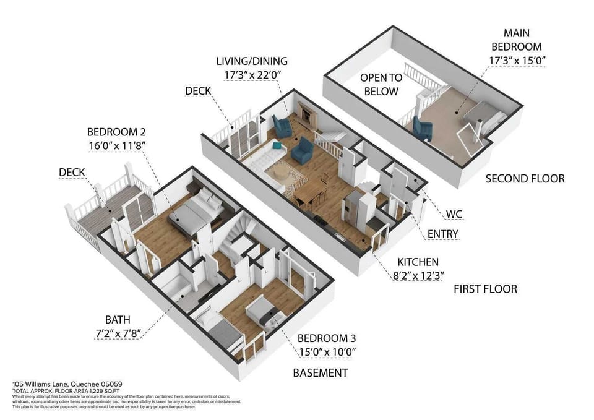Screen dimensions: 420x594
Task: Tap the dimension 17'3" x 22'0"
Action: pyautogui.click(x=252, y=75)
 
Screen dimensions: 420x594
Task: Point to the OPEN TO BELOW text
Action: pyautogui.click(x=382, y=85)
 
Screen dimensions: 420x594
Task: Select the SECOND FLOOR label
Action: pyautogui.click(x=525, y=179)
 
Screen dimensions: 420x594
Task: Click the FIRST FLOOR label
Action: pyautogui.click(x=485, y=289)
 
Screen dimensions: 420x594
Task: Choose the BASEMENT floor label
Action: pyautogui.click(x=320, y=373)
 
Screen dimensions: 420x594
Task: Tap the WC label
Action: pyautogui.click(x=454, y=215)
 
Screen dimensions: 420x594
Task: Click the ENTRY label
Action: pyautogui.click(x=443, y=234)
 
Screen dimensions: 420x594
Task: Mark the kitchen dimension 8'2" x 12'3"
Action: pyautogui.click(x=418, y=275)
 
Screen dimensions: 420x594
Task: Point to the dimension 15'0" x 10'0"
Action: pyautogui.click(x=327, y=352)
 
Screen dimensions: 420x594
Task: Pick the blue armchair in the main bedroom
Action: pyautogui.click(x=423, y=129)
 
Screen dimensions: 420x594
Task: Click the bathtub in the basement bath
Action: pyautogui.click(x=170, y=287)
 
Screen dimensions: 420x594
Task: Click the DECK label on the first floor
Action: pyautogui.click(x=198, y=91)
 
